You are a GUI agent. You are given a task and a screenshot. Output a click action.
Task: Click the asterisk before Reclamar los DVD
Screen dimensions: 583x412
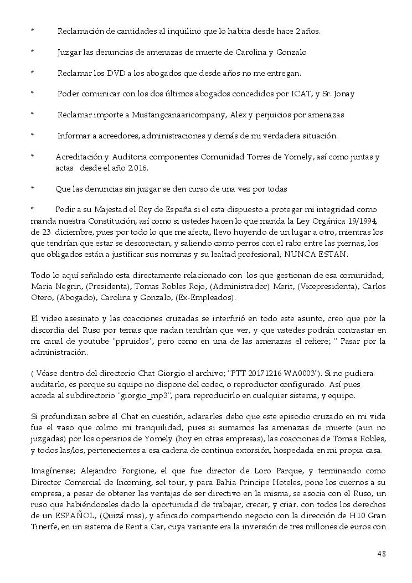pyautogui.click(x=32, y=73)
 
